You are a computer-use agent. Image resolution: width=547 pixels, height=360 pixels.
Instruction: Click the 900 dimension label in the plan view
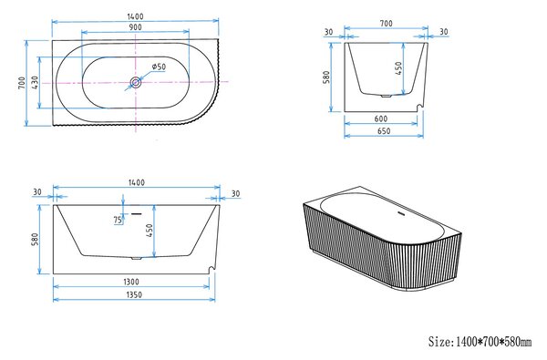tap(135, 27)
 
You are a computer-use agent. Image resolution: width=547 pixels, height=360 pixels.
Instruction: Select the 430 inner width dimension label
tap(36, 83)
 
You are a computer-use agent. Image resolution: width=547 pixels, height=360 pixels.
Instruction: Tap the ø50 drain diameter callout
tap(159, 67)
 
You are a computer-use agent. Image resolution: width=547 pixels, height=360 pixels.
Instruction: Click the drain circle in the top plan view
tap(135, 83)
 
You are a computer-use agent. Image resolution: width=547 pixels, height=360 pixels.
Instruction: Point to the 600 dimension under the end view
tap(380, 118)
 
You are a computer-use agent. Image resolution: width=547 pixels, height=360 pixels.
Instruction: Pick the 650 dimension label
tap(384, 131)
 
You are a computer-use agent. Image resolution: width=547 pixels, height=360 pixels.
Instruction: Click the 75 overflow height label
tap(118, 221)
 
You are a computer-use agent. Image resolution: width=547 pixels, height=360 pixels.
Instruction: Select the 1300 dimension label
tap(131, 282)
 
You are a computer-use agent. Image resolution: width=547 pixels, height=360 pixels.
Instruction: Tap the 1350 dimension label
tap(134, 294)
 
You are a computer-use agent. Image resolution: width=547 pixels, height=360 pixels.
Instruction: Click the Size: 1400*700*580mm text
tap(480, 342)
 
